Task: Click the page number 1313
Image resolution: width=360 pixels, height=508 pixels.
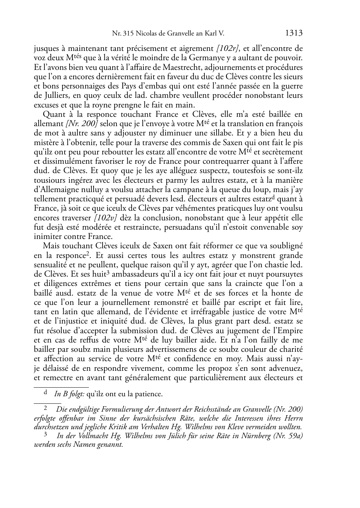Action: (294, 34)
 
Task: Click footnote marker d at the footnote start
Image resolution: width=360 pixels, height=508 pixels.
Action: (45, 393)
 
